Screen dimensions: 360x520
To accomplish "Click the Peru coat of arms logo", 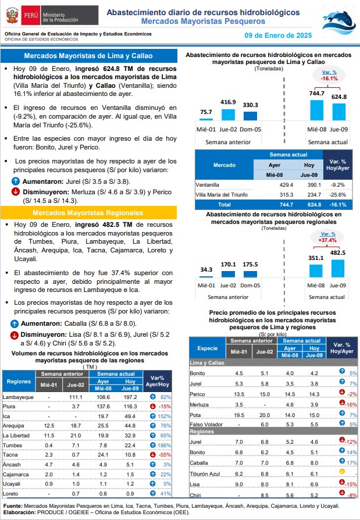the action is [12, 15].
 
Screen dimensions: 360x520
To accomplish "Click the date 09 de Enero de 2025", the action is [278, 35].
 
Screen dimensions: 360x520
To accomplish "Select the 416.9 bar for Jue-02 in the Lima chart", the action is [228, 115].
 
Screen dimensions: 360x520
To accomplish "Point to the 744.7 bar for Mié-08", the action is [316, 110].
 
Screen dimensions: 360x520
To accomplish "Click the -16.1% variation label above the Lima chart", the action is [329, 79].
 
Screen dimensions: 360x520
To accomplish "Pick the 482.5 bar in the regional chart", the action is [338, 268].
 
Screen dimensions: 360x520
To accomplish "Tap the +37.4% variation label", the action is [327, 240].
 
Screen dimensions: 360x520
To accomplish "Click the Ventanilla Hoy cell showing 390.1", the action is [314, 185].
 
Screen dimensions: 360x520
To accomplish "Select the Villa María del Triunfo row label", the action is [222, 195].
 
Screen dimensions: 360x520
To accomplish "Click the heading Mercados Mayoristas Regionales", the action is [88, 213].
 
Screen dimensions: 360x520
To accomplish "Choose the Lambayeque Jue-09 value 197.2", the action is [130, 397].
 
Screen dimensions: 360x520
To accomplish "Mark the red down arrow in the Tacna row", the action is [153, 454].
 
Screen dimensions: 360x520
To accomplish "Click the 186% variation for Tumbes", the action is [165, 446].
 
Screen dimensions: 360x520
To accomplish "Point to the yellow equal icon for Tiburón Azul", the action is [343, 471].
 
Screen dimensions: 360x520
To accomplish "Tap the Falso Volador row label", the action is [206, 424].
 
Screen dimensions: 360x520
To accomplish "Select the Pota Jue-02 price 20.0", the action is [265, 415].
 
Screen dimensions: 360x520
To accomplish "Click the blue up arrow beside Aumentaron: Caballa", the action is [15, 323].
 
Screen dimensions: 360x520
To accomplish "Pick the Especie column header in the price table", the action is [208, 348].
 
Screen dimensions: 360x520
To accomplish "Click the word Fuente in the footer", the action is [13, 505].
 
